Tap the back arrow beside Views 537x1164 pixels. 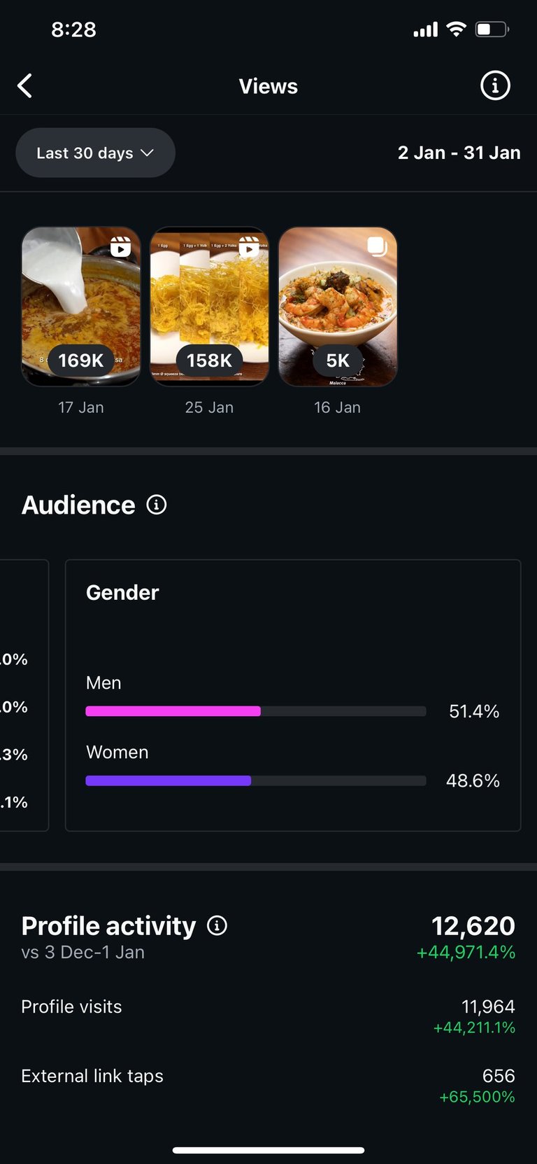coord(25,86)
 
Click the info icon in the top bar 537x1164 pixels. coord(495,85)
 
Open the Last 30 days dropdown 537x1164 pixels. coord(95,153)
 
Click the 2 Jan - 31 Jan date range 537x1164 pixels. coord(459,153)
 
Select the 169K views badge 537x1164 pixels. coord(81,360)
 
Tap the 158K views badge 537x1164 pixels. coord(209,360)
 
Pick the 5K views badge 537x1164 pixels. coord(338,360)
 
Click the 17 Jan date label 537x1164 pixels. coord(81,407)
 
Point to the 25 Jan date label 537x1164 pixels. coord(209,407)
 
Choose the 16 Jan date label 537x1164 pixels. coord(338,407)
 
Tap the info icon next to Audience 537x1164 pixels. coord(157,505)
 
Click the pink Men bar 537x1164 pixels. coord(173,711)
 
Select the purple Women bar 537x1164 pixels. coord(168,780)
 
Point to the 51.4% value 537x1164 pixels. coord(474,712)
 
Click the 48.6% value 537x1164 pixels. coord(473,781)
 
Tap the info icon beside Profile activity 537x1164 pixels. coord(217,926)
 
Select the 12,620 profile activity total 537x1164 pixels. coord(473,926)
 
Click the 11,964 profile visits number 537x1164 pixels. coord(488,1007)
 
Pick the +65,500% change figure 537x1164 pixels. coord(477,1097)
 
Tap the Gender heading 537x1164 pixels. coord(122,593)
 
